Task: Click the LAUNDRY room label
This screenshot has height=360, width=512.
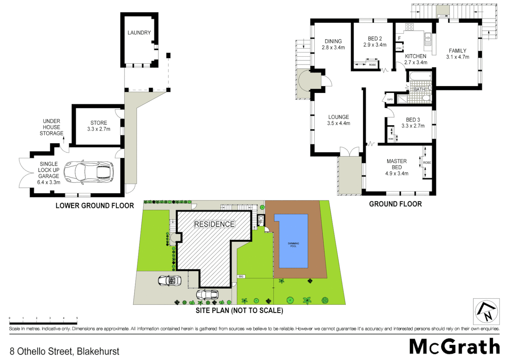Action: click(x=139, y=33)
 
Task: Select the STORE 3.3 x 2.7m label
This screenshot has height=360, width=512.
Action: click(x=99, y=126)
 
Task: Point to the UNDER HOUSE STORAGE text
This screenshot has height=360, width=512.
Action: click(x=51, y=127)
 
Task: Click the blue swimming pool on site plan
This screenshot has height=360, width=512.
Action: click(x=291, y=241)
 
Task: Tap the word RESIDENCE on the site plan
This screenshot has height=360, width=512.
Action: click(x=214, y=224)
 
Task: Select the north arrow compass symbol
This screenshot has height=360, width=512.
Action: click(x=486, y=312)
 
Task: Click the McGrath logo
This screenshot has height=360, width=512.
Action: click(x=455, y=346)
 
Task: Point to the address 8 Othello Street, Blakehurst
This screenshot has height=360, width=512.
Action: click(x=64, y=351)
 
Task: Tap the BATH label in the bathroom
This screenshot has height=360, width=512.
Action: click(x=419, y=89)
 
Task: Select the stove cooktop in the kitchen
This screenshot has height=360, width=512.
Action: click(x=410, y=27)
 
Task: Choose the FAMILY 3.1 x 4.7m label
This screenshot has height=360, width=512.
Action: click(x=458, y=54)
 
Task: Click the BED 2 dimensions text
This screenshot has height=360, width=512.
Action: click(x=375, y=45)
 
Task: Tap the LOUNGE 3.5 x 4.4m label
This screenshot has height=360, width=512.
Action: click(x=339, y=120)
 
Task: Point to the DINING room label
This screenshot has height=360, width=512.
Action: click(x=333, y=41)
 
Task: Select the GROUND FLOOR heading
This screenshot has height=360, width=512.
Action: click(x=395, y=204)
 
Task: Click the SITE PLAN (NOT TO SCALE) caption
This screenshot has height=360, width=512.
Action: click(x=239, y=311)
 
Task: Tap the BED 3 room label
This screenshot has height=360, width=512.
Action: click(x=413, y=120)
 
